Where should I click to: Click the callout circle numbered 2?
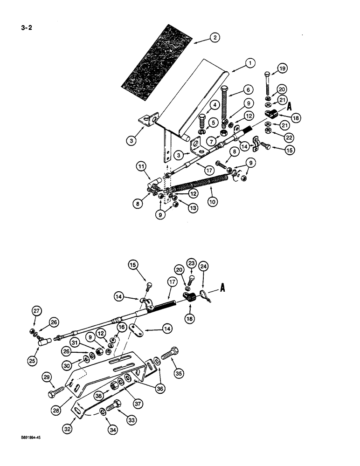click(214, 39)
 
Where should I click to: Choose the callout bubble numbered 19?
click(282, 69)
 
